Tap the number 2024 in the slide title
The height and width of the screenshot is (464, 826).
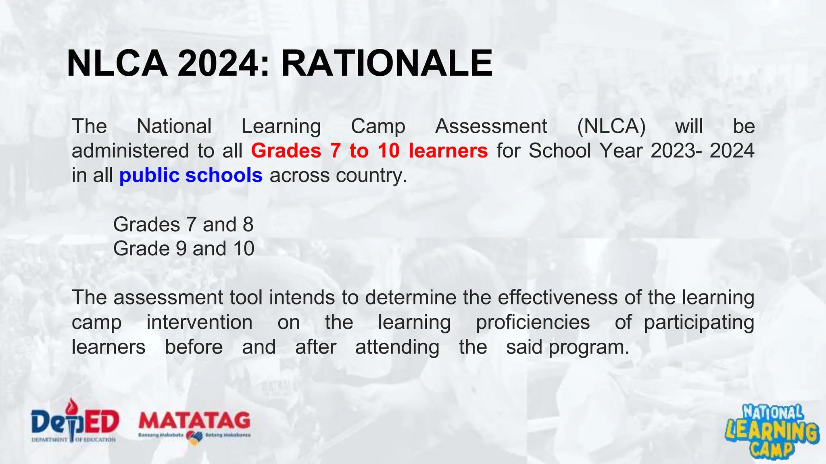point(218,64)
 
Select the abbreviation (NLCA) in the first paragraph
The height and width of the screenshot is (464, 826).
point(611,126)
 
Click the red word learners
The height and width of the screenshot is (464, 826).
point(448,151)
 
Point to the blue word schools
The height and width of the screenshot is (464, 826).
point(224,176)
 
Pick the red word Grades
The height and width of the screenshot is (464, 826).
point(286,151)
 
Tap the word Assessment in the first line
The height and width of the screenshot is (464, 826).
point(491,126)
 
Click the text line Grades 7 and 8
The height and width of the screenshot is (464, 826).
point(183,224)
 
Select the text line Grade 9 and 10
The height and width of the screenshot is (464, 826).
point(184,249)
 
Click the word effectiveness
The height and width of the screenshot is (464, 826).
point(557,298)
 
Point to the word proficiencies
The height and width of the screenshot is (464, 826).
point(532,323)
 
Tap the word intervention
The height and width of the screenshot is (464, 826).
point(199,323)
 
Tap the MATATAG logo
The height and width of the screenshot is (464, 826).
point(194,425)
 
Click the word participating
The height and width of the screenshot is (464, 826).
point(699,323)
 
